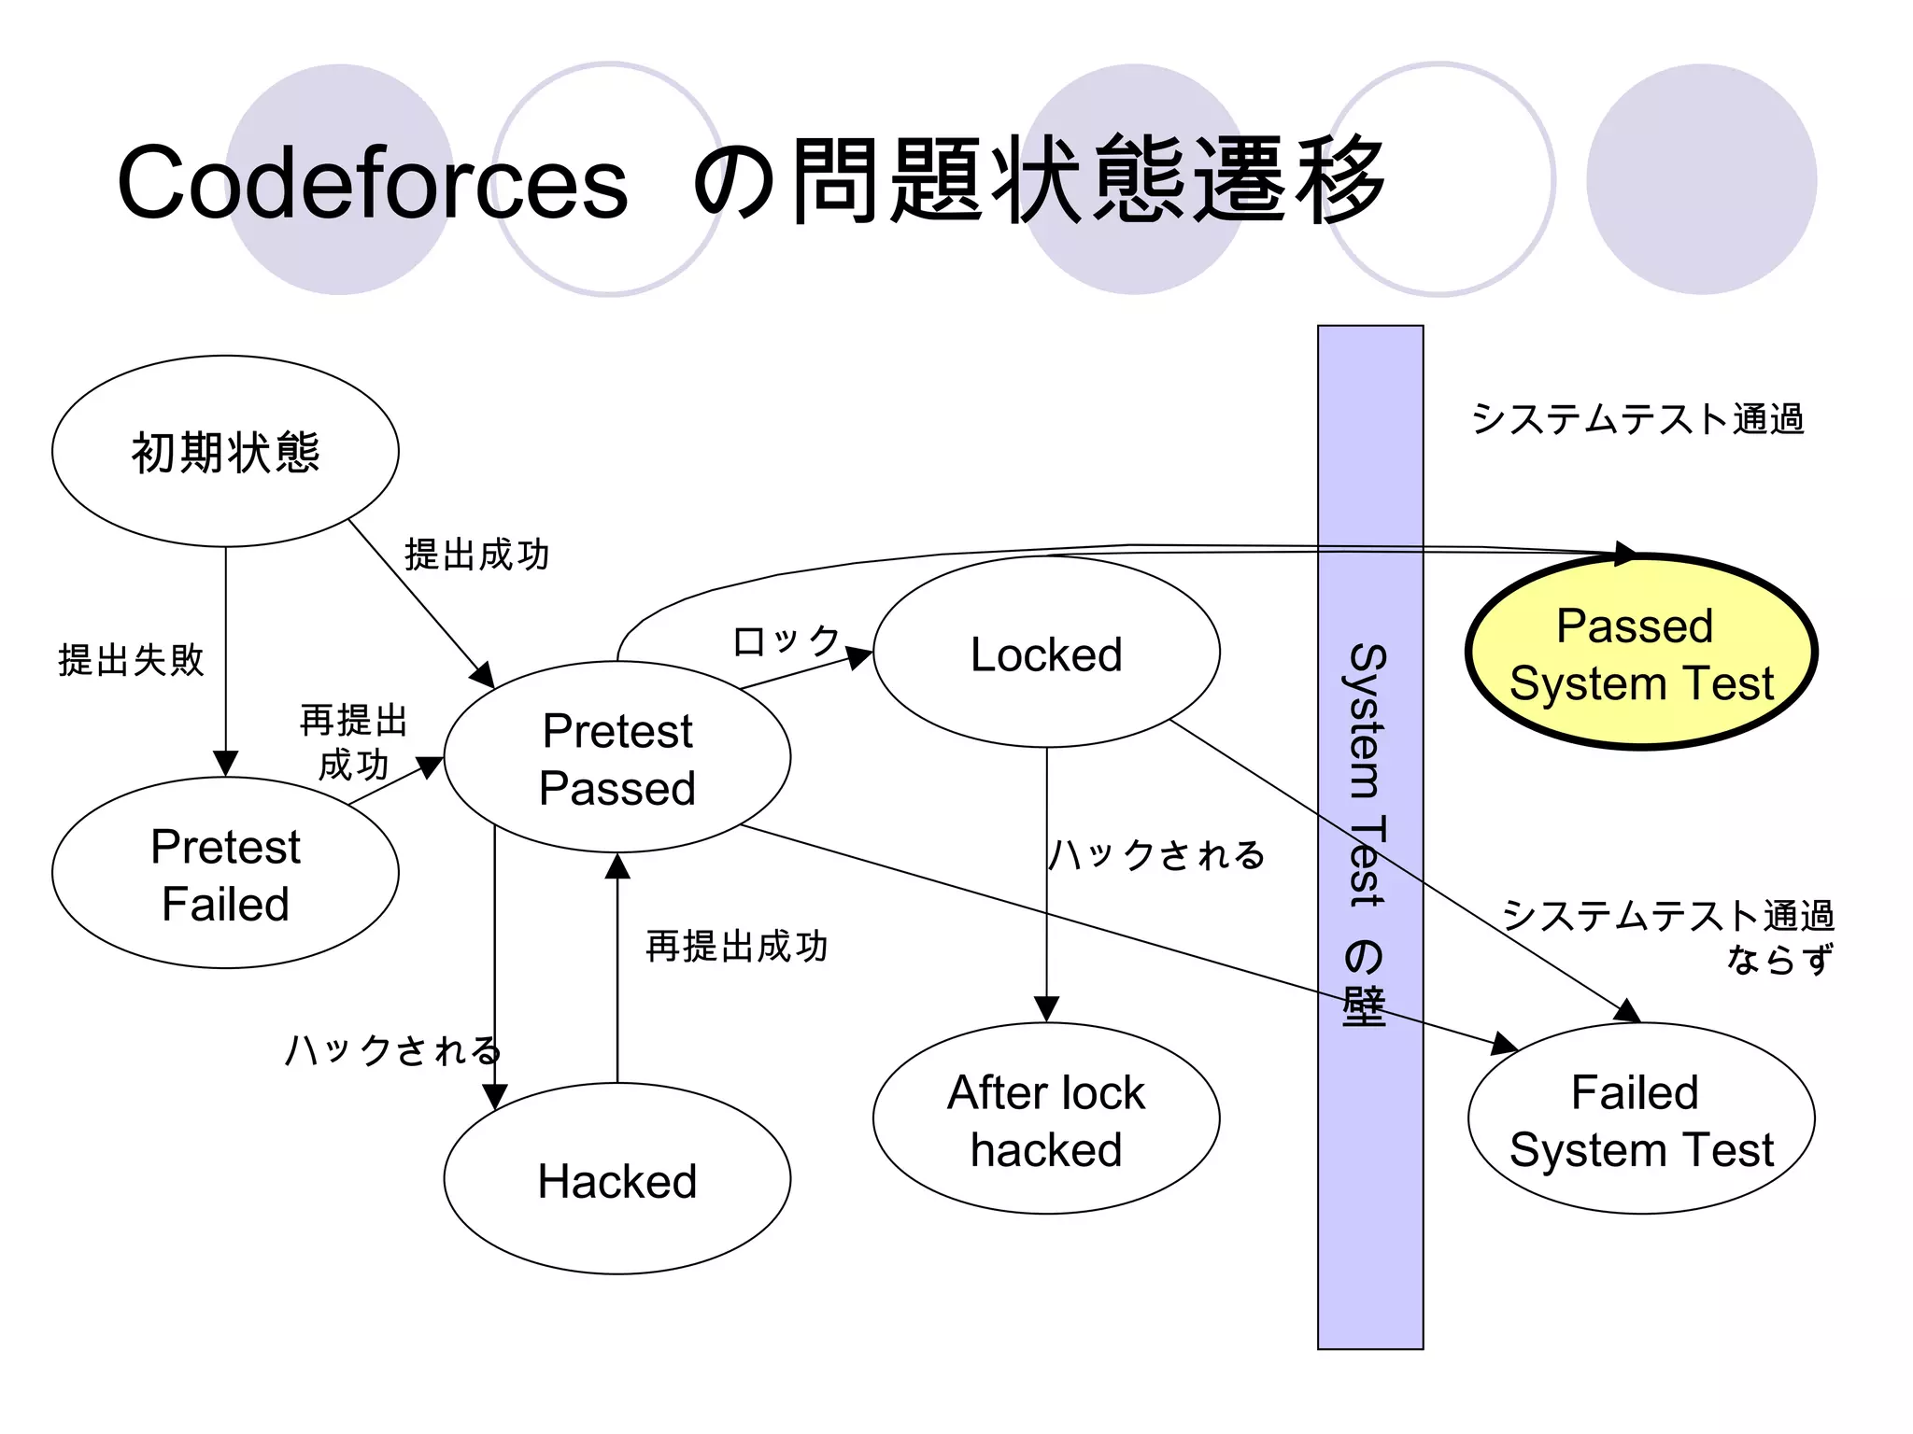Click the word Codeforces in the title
pos(372,183)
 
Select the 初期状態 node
pos(225,452)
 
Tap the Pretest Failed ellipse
pos(225,874)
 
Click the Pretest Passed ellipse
pos(617,758)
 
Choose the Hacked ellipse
pos(617,1180)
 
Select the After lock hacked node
pos(1046,1120)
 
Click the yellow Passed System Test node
pos(1641,654)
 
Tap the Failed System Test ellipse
pos(1641,1120)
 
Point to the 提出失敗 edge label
pos(131,660)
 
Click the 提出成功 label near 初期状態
pos(476,555)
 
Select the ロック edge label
pos(786,641)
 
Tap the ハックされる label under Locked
pos(1156,854)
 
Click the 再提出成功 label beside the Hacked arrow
pos(737,947)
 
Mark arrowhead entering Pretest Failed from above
pos(225,764)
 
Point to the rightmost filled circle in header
pos(1701,179)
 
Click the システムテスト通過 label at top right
pos(1637,419)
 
